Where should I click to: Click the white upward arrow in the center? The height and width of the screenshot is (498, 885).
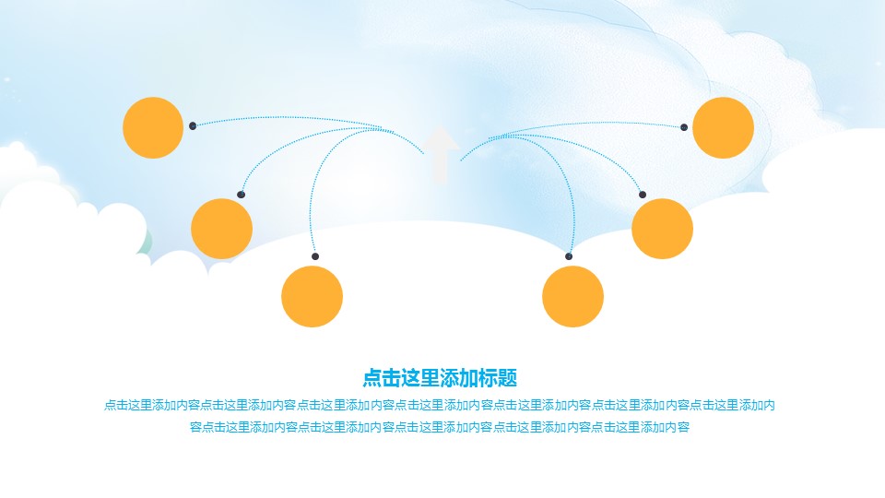442,153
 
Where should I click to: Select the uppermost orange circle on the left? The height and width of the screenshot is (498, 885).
153,127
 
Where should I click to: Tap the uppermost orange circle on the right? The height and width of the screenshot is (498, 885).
723,127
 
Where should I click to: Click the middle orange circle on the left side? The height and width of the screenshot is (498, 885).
221,228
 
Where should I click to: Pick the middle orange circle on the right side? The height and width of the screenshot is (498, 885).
662,228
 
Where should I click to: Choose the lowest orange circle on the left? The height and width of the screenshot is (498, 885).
312,296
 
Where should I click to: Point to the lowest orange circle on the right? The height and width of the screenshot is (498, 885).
572,296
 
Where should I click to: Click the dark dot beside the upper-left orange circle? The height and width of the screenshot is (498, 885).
193,125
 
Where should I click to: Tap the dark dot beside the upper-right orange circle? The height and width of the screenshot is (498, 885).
684,127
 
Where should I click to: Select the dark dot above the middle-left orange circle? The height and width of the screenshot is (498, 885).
241,195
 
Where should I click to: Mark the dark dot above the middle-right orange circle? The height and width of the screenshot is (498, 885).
643,195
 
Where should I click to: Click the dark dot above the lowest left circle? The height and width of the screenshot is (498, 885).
315,256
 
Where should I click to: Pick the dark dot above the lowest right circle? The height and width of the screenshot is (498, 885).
569,256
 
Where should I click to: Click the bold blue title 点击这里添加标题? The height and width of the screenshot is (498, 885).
440,377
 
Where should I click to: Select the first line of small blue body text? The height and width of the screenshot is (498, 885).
440,404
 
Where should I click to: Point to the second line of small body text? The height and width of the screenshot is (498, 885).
440,426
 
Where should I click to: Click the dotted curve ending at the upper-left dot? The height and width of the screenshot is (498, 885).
277,119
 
